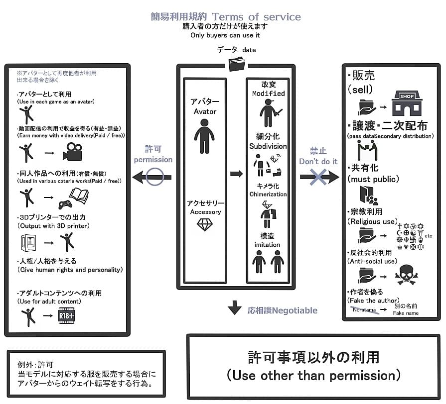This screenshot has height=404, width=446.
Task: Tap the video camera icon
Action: point(72,151)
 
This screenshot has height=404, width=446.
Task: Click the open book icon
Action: point(79,194)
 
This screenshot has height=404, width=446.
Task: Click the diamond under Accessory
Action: point(205,225)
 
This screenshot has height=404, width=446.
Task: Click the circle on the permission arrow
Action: point(154,176)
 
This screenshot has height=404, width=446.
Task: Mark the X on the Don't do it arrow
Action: point(319,176)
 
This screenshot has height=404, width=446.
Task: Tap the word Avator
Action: point(205,111)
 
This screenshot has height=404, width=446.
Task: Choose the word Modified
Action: point(269,94)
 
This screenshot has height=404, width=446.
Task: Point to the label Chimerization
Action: point(269,194)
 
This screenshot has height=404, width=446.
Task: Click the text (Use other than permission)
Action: point(313,374)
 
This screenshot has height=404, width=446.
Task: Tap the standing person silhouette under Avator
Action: point(204,140)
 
